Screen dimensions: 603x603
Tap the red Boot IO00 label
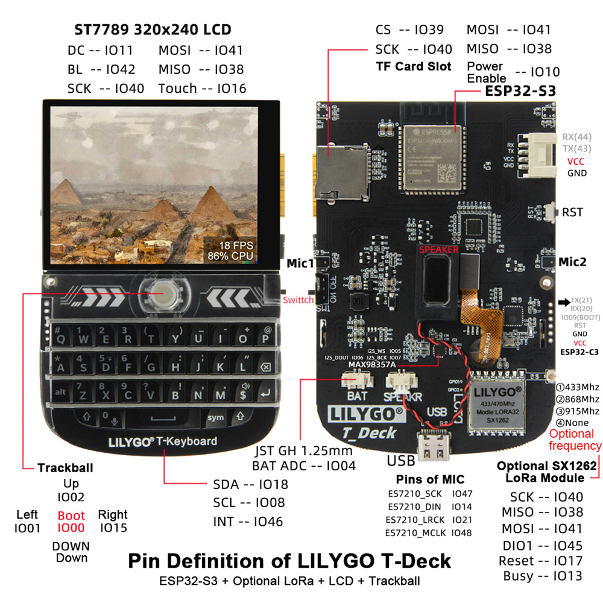[71, 522]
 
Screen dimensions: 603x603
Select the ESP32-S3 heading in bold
[520, 91]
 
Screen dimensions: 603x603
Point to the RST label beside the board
[572, 212]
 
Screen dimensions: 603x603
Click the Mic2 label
[572, 262]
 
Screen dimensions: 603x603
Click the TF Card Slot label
[413, 66]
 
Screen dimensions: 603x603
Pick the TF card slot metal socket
[342, 169]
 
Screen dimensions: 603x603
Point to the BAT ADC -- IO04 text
[304, 466]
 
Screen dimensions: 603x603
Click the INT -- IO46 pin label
[248, 522]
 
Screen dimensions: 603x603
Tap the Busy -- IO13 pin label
[543, 576]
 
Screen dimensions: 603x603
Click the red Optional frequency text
[575, 440]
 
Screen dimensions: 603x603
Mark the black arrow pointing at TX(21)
[564, 301]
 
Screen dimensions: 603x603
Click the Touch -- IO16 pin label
[202, 89]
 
